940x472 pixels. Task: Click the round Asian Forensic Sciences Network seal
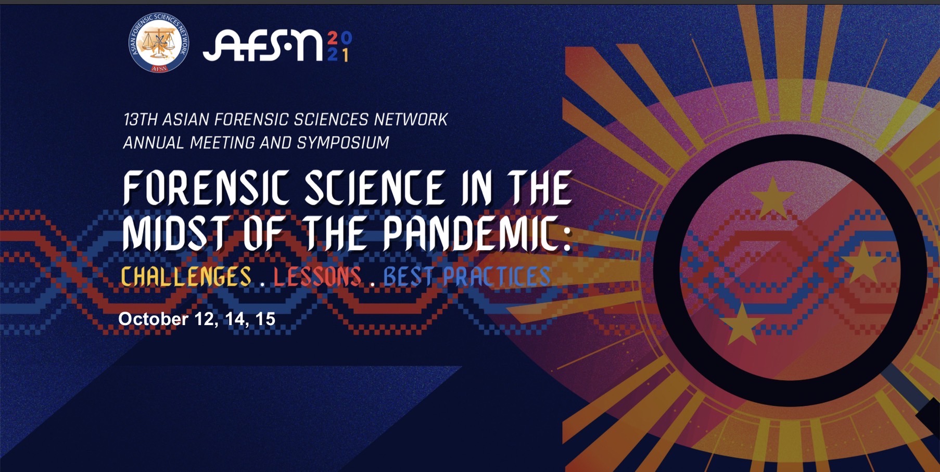pyautogui.click(x=159, y=43)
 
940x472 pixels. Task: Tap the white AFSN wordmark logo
pyautogui.click(x=262, y=46)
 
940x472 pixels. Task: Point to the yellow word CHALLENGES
pyautogui.click(x=186, y=277)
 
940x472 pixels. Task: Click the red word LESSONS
pyautogui.click(x=317, y=277)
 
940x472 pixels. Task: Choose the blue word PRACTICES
pyautogui.click(x=497, y=277)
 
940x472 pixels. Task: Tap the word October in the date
pyautogui.click(x=154, y=319)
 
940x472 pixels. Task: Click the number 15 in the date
pyautogui.click(x=265, y=319)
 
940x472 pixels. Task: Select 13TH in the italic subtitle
pyautogui.click(x=140, y=120)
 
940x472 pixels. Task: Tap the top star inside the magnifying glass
pyautogui.click(x=773, y=198)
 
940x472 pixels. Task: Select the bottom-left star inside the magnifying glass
pyautogui.click(x=742, y=325)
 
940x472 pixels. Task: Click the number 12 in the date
pyautogui.click(x=205, y=319)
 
